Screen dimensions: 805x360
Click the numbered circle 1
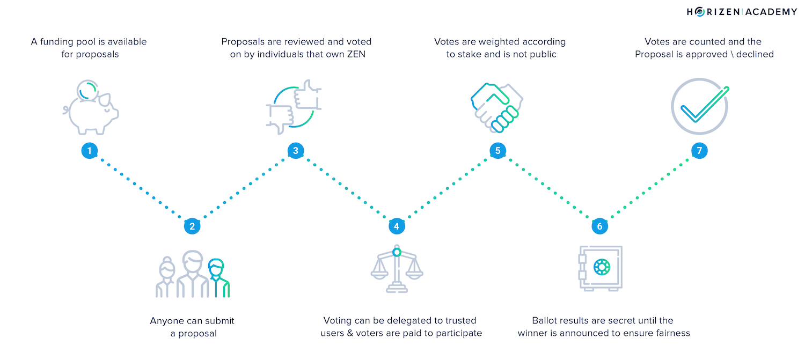[90, 151]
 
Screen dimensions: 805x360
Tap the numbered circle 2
[192, 226]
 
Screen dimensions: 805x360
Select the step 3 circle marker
[296, 151]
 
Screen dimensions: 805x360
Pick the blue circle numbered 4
[397, 226]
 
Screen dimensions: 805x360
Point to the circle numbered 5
[497, 151]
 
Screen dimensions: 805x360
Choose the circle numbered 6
[599, 226]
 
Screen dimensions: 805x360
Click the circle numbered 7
[699, 151]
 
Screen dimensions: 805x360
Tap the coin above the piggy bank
[87, 90]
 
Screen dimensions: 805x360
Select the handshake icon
[497, 108]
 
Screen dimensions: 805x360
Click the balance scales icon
[397, 269]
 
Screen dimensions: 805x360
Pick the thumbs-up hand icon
[308, 94]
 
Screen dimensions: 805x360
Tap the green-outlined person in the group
[218, 278]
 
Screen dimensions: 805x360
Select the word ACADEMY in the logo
[771, 12]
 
